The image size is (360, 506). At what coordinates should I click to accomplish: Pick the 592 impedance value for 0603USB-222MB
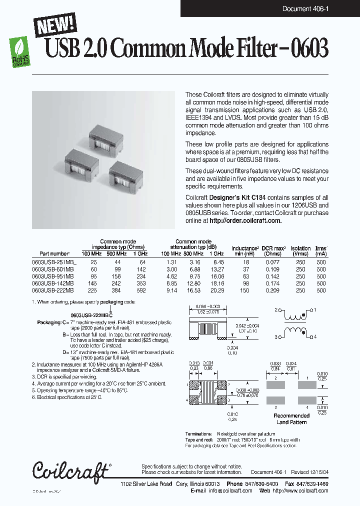[142, 290]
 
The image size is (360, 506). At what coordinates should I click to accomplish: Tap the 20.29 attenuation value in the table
[217, 290]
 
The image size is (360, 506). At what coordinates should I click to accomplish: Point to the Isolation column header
[300, 248]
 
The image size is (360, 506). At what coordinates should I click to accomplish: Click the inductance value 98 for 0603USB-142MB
[246, 283]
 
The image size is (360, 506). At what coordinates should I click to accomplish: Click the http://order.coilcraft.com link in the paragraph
[245, 220]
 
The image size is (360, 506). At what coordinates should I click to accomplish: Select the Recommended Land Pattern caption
[291, 419]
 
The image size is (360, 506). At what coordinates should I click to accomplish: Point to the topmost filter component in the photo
[106, 133]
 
